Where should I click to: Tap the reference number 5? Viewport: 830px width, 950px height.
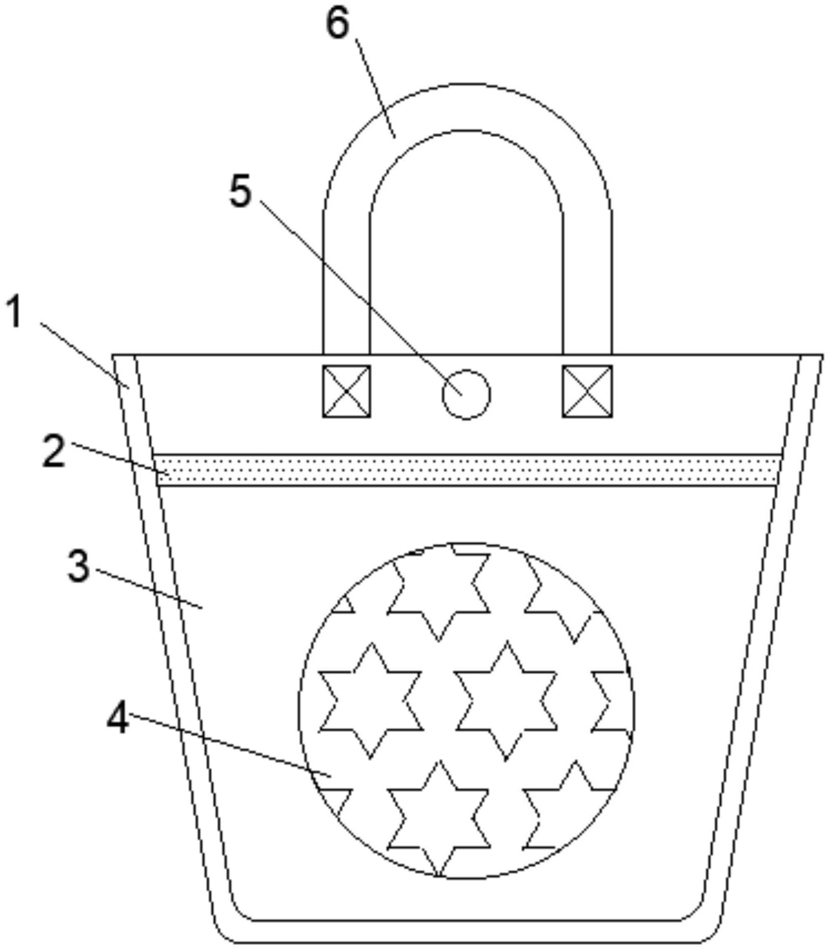(x=241, y=192)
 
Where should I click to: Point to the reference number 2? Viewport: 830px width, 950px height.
(x=54, y=452)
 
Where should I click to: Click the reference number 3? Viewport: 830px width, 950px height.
(x=78, y=566)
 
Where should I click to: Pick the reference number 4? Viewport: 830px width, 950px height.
(x=118, y=718)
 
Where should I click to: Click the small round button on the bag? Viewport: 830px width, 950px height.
(x=466, y=394)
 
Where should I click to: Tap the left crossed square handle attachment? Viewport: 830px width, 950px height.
(x=346, y=391)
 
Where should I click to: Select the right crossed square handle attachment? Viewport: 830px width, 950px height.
(x=587, y=391)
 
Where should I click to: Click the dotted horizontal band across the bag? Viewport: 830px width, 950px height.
(x=467, y=470)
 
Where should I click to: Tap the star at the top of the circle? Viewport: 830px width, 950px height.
(x=438, y=593)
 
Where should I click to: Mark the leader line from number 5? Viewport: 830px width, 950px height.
(x=360, y=297)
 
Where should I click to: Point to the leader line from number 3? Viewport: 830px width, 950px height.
(x=148, y=588)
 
